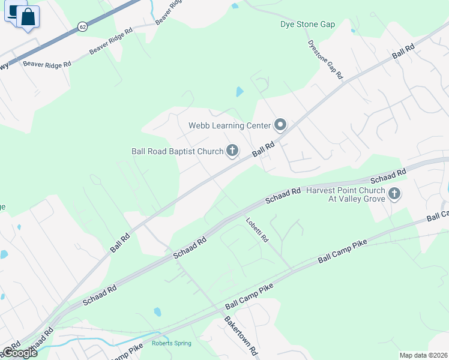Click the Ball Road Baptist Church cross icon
pos(232,151)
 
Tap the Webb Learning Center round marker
pos(280,125)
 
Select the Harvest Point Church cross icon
pos(394,193)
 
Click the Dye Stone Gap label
pos(307,25)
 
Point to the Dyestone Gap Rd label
pos(325,60)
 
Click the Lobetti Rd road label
pos(256,230)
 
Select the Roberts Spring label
pos(172,343)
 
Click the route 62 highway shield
pos(82,26)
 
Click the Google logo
pos(19,352)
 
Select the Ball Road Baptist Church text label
pos(177,151)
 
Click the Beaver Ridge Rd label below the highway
pos(47,63)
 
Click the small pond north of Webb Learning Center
pos(240,92)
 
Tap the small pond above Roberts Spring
pos(157,312)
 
